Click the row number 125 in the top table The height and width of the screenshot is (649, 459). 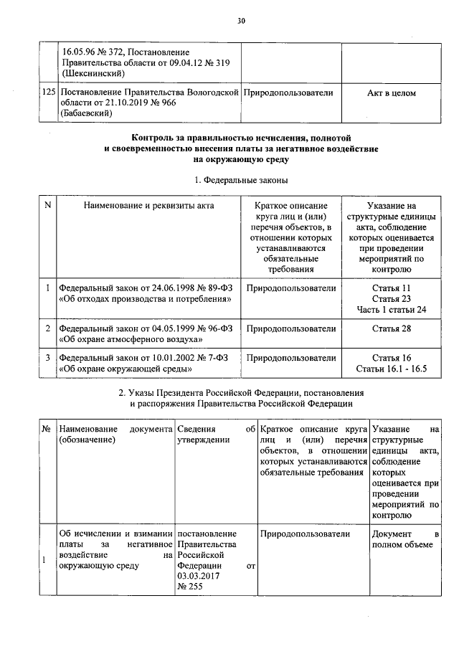pos(49,93)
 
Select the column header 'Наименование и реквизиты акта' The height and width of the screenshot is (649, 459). pos(148,206)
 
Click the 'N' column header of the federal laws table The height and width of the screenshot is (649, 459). pos(47,206)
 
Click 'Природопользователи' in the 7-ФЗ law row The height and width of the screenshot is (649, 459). pos(290,358)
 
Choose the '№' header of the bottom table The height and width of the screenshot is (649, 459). pos(46,429)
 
